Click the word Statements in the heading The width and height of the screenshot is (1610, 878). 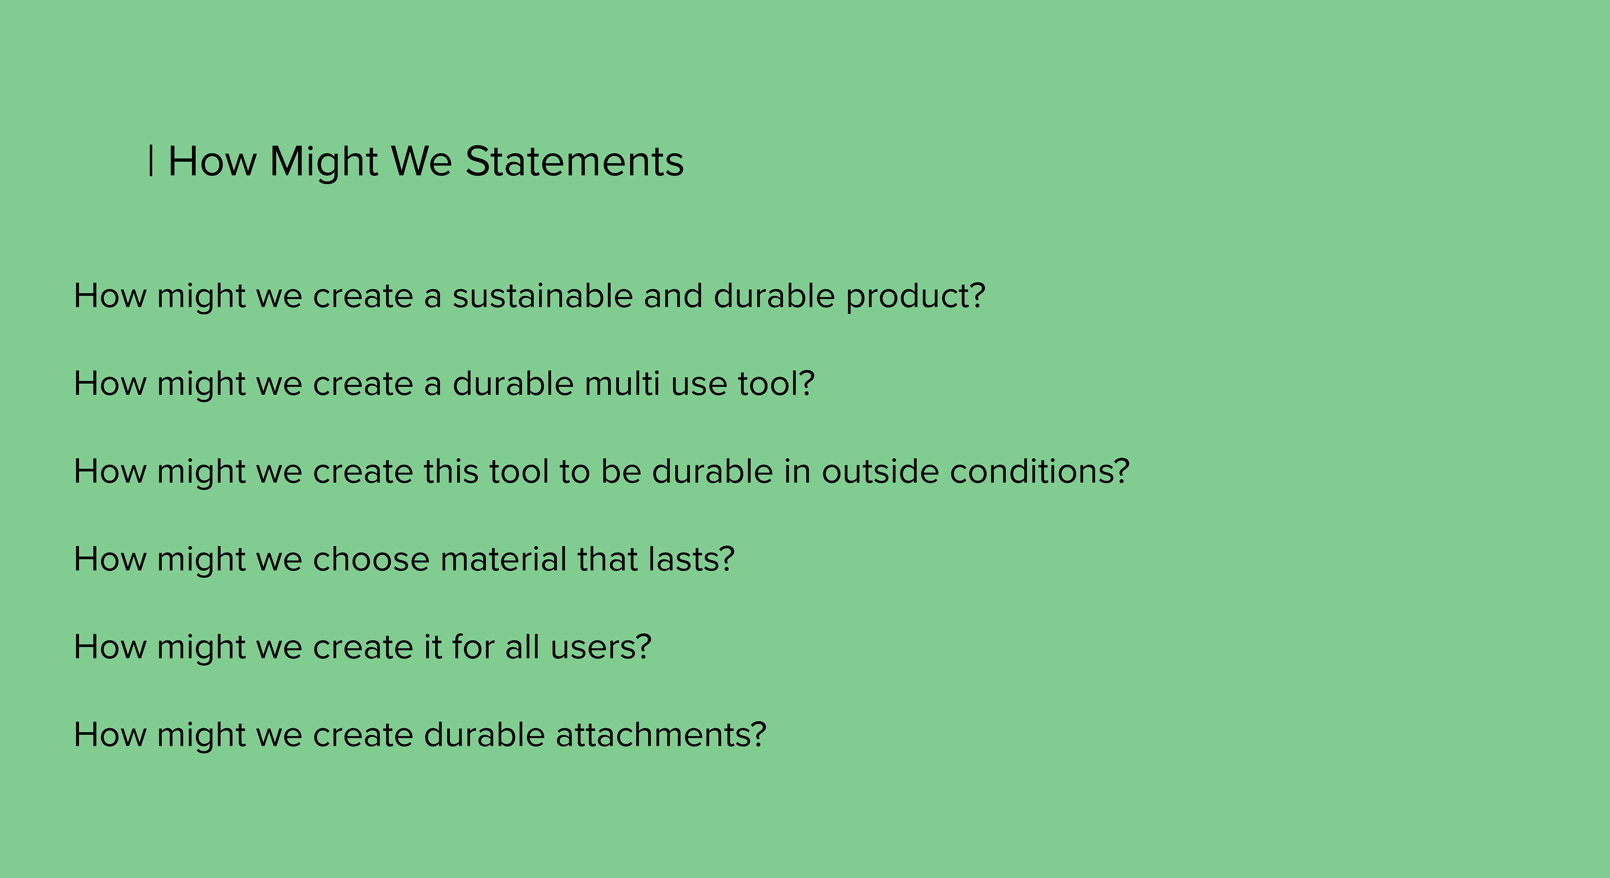(574, 161)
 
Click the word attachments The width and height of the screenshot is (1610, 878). (653, 735)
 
